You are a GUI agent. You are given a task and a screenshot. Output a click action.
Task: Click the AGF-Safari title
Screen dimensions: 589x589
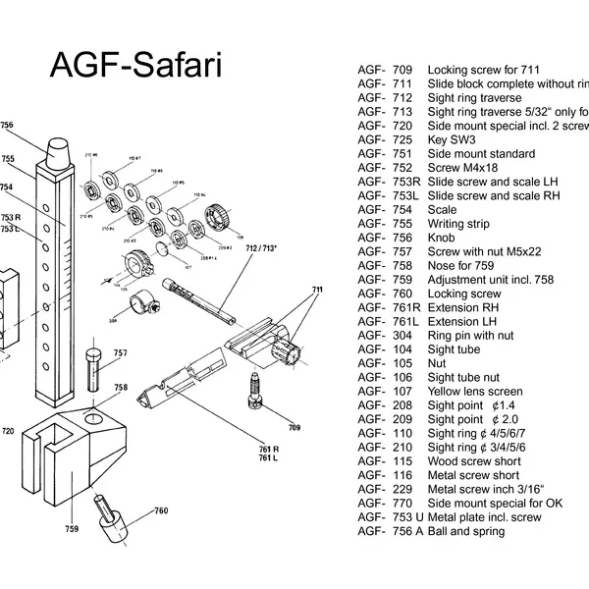pyautogui.click(x=135, y=66)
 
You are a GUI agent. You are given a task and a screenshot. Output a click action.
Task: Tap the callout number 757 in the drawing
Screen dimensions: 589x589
pyautogui.click(x=120, y=352)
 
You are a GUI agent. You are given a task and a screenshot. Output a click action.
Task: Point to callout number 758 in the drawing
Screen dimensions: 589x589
pyautogui.click(x=120, y=388)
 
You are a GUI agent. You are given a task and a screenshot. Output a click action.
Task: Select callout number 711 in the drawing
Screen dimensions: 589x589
pyautogui.click(x=316, y=291)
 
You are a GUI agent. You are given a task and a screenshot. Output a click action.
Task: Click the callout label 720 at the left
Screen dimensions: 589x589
pyautogui.click(x=8, y=431)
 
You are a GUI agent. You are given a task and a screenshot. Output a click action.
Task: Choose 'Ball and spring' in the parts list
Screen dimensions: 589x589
pyautogui.click(x=466, y=531)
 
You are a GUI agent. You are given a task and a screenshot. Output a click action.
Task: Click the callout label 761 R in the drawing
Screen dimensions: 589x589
pyautogui.click(x=267, y=448)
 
